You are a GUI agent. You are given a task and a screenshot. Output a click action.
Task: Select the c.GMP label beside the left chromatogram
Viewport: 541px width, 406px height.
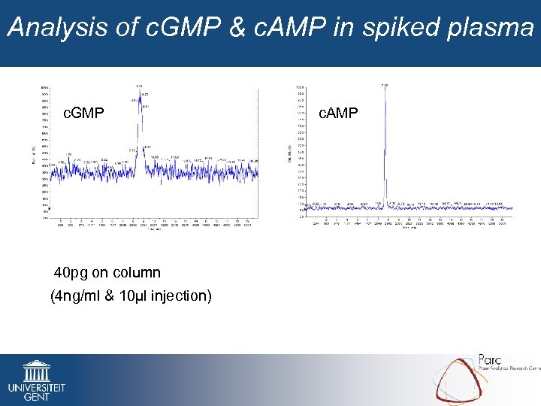coord(83,114)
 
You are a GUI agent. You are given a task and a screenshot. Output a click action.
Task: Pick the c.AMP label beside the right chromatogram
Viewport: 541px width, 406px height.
coord(338,114)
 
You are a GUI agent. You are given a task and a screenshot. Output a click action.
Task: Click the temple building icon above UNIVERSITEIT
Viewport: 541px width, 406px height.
coord(36,371)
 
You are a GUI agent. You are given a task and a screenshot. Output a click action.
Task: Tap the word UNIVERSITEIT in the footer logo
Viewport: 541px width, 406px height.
coord(36,387)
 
